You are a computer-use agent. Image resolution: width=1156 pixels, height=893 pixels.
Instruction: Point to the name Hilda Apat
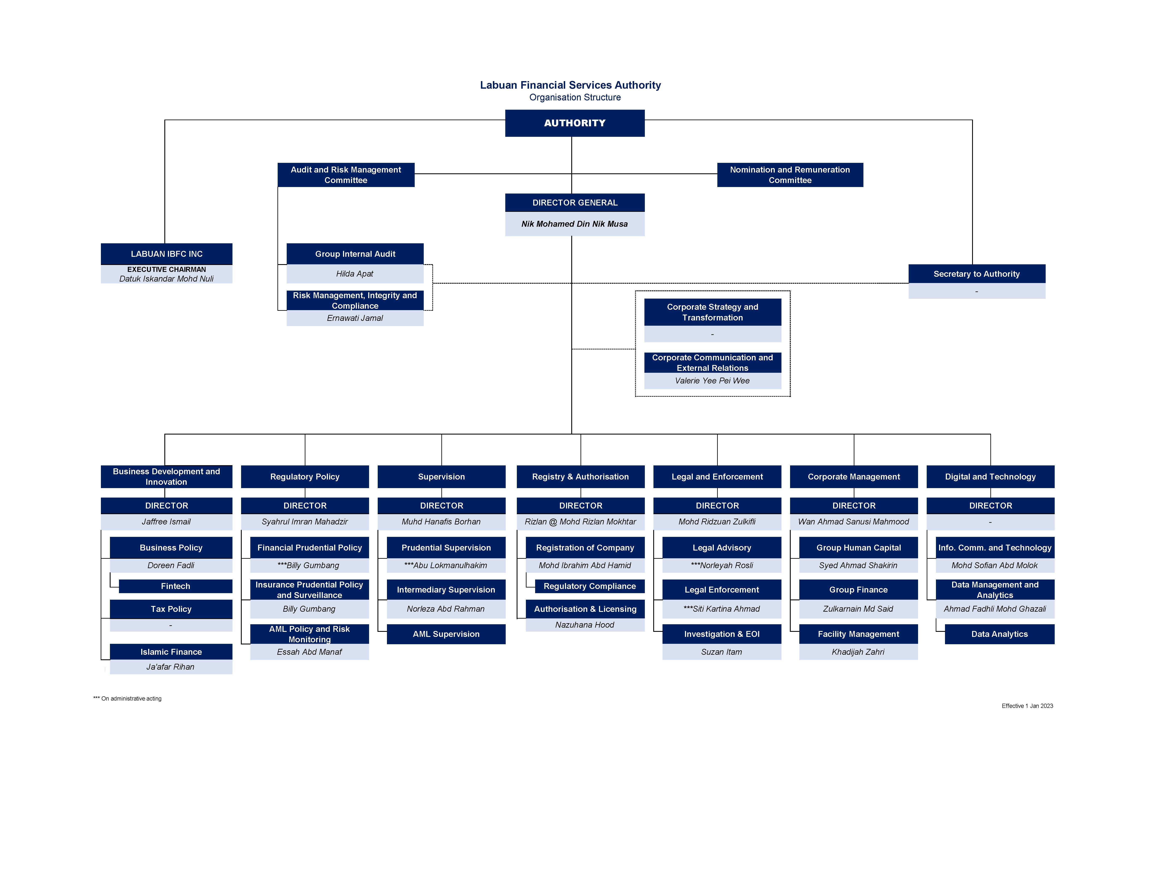[355, 274]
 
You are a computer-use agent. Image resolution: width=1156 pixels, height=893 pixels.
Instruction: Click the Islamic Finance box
[171, 652]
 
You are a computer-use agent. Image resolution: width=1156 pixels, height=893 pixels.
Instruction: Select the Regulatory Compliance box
[590, 586]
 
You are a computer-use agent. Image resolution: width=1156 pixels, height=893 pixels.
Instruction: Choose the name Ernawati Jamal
[355, 318]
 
